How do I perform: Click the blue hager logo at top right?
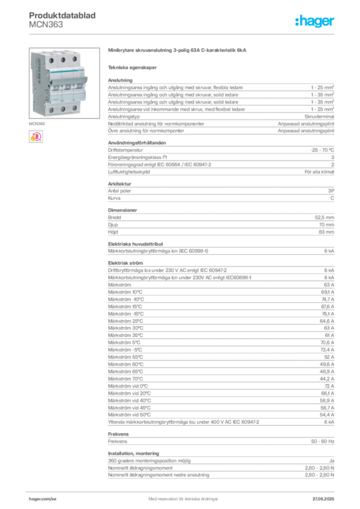coord(315,21)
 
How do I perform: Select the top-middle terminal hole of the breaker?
coord(63,59)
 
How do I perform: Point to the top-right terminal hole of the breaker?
coord(75,59)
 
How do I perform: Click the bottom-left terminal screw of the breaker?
coord(52,109)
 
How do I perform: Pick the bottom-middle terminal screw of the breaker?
coord(63,108)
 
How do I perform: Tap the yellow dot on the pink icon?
coord(32,139)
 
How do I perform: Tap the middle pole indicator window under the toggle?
coord(65,90)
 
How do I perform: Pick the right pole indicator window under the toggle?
coord(75,89)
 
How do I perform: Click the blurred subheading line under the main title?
coord(133,67)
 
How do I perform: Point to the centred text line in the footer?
coord(181,496)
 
